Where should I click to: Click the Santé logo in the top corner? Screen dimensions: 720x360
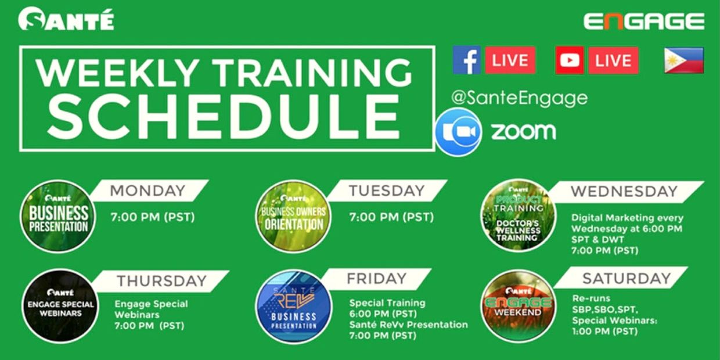click(x=66, y=19)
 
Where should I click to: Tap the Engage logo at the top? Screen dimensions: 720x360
click(x=644, y=21)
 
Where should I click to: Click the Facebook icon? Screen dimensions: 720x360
click(x=467, y=60)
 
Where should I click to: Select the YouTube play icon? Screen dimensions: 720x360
click(x=570, y=60)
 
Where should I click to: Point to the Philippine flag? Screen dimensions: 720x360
click(x=684, y=60)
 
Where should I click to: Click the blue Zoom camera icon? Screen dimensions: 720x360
click(x=458, y=132)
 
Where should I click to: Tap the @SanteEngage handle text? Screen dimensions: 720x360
click(x=520, y=98)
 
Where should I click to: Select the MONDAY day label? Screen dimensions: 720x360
click(x=147, y=190)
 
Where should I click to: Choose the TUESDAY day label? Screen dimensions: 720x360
click(x=387, y=190)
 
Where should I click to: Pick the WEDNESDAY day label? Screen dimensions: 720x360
click(x=624, y=192)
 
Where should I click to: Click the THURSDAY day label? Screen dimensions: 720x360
click(x=161, y=281)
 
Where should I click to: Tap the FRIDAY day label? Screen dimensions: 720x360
click(x=377, y=278)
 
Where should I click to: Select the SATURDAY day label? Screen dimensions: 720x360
click(x=627, y=278)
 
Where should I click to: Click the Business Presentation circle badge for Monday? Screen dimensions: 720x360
click(x=58, y=217)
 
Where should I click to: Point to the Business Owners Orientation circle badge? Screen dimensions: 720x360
click(x=293, y=217)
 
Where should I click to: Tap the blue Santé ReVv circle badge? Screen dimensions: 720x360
click(x=293, y=307)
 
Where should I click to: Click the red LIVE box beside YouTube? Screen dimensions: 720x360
click(x=613, y=61)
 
